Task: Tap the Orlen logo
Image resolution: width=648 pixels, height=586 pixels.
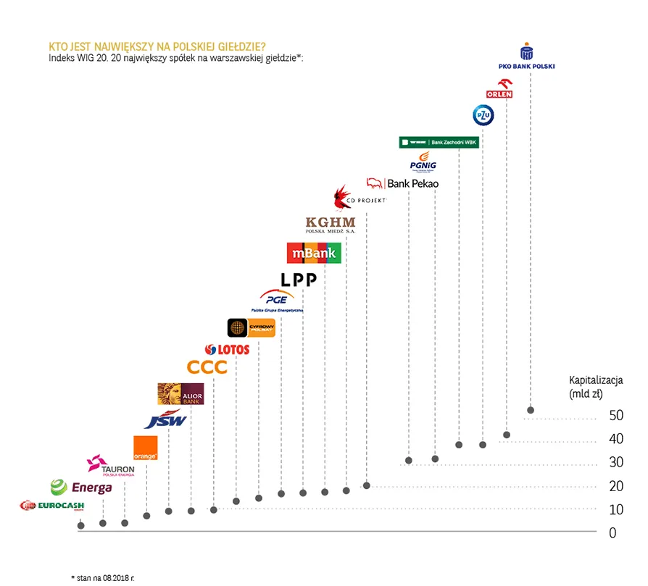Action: point(499,88)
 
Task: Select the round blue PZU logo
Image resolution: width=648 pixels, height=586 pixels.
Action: point(483,115)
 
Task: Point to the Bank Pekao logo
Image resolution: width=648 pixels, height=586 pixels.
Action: point(403,183)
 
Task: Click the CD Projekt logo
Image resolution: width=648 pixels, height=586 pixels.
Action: point(360,197)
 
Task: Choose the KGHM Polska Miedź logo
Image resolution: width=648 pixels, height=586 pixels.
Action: point(331,224)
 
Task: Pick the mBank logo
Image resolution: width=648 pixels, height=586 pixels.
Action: point(314,253)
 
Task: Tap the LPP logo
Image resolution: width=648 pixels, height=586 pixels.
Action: point(299,280)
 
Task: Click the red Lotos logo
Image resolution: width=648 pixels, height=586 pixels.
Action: point(228,349)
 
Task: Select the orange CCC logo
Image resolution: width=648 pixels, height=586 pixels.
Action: point(207,367)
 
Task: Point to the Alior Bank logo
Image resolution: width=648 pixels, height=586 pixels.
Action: point(180,393)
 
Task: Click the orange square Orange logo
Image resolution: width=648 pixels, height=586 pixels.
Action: point(146,448)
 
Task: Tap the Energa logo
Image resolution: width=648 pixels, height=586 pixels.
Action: point(82,487)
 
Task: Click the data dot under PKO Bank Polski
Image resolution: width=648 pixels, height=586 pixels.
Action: point(531,410)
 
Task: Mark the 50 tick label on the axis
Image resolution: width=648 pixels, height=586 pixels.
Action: point(616,416)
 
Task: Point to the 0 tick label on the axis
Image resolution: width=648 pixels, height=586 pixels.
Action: point(612,533)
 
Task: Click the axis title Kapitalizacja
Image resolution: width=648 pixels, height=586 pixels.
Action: point(596,379)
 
